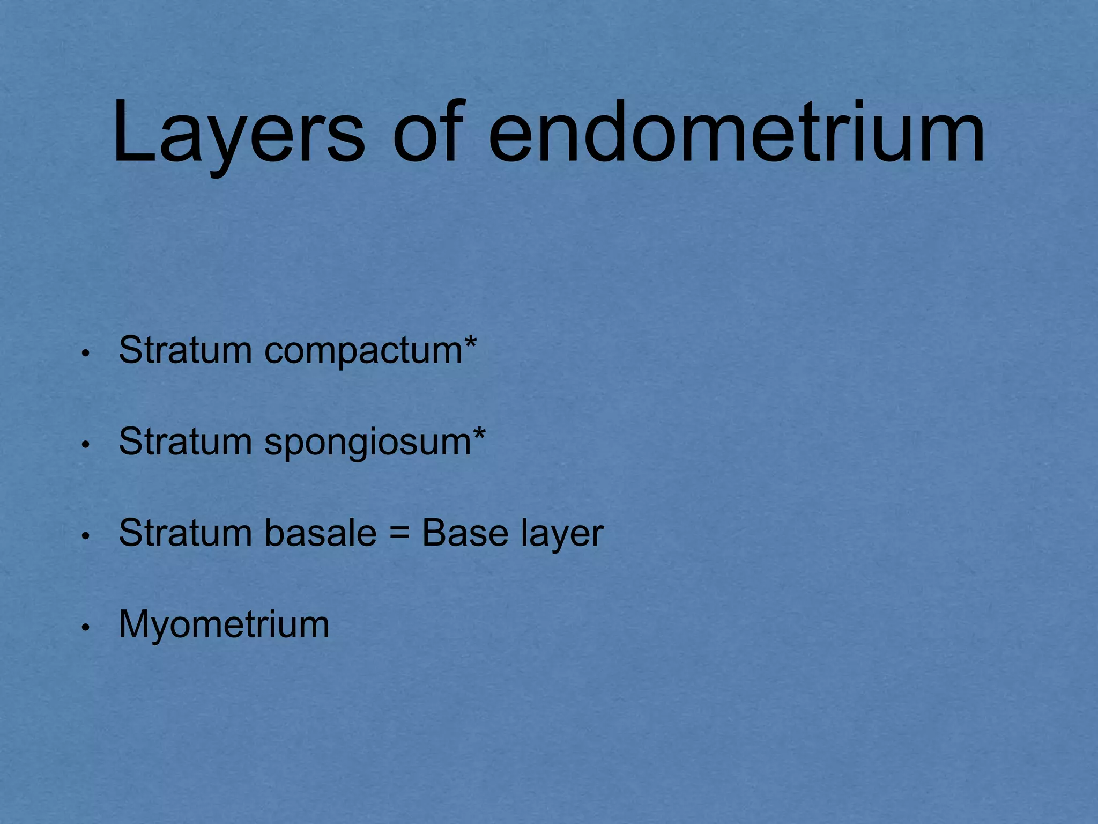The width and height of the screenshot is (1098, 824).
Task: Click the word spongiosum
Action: tap(368, 443)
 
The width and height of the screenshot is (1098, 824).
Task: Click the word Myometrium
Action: tap(224, 624)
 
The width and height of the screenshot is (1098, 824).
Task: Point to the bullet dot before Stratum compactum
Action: tap(85, 354)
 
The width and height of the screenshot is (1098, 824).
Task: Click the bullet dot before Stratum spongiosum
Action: tap(85, 445)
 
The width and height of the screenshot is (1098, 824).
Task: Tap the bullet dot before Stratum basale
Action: tap(85, 536)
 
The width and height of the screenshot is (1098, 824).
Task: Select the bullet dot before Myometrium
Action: tap(85, 628)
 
